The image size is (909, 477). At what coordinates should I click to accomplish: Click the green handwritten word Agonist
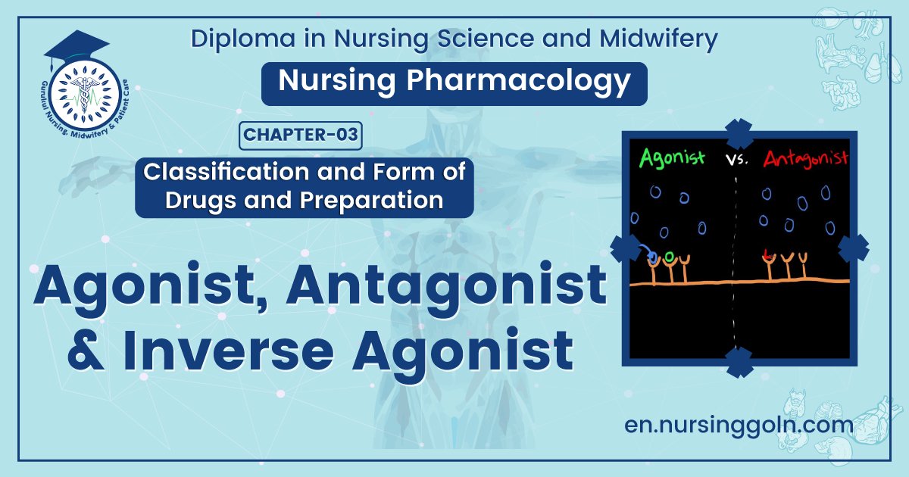click(x=672, y=158)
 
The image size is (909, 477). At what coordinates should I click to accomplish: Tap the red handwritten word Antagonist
click(x=804, y=160)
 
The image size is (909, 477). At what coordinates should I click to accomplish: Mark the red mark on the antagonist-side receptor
click(x=767, y=255)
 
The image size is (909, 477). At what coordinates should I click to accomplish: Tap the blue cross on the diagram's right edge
click(x=854, y=248)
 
